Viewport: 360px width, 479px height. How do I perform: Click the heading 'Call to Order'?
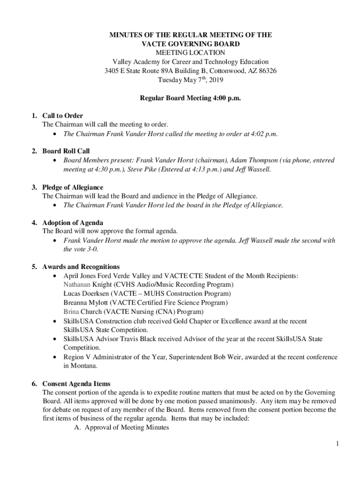click(x=63, y=116)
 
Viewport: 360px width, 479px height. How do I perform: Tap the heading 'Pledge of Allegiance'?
click(x=72, y=187)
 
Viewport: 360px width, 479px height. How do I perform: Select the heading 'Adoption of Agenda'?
click(x=72, y=223)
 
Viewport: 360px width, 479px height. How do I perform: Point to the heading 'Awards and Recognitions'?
click(x=81, y=267)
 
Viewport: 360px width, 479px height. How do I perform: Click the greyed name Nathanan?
click(x=77, y=284)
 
